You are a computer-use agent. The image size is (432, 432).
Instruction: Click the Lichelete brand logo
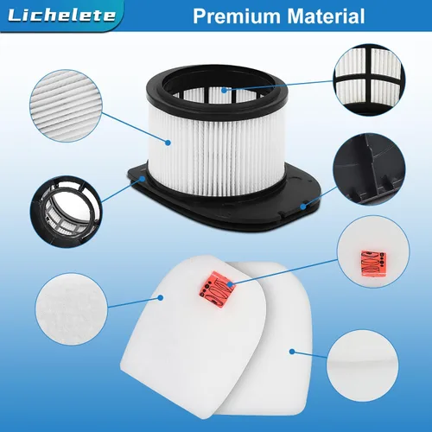61,15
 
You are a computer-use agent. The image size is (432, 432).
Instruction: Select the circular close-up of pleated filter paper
66,105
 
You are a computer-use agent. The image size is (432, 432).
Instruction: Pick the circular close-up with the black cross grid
369,79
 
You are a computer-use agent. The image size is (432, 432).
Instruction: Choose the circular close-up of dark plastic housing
369,169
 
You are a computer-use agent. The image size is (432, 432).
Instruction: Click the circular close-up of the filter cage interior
66,212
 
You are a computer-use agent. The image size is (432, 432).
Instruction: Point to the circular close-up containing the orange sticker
373,251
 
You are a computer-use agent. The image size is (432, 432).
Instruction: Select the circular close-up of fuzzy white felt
72,308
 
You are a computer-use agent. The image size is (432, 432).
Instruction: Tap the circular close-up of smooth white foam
363,365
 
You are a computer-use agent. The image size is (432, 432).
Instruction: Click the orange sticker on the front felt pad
217,289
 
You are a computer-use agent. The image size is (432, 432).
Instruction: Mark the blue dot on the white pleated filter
168,143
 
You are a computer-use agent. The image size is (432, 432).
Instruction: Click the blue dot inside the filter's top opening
225,90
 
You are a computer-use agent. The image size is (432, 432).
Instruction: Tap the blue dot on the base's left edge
143,179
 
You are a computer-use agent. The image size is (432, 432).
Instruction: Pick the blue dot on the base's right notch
302,206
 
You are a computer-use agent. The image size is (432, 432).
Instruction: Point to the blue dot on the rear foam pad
292,352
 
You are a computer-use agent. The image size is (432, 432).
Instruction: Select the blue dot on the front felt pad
161,297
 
